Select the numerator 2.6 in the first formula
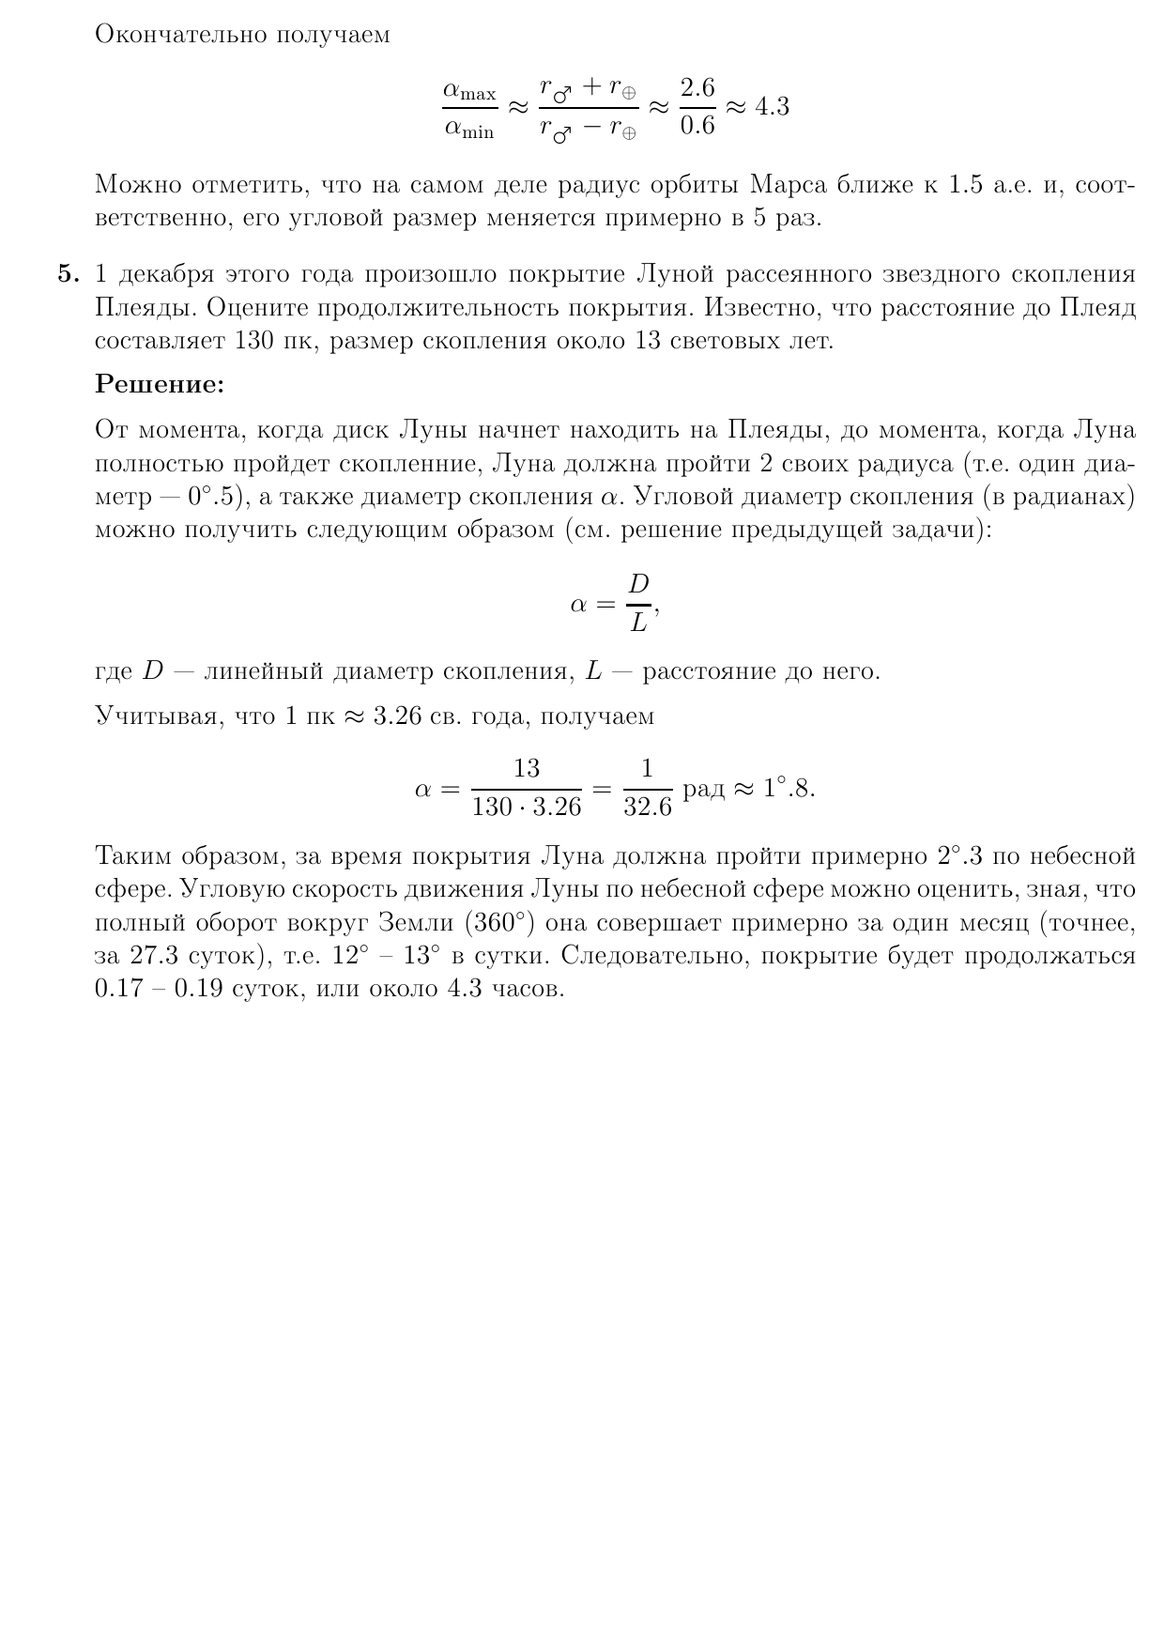(x=697, y=88)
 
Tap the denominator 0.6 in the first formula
(x=697, y=126)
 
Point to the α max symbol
(x=469, y=91)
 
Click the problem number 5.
(x=69, y=274)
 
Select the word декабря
(x=165, y=275)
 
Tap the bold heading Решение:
(x=160, y=384)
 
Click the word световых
(x=724, y=340)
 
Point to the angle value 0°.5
(x=214, y=498)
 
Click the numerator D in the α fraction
(x=638, y=584)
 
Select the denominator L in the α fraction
(x=638, y=622)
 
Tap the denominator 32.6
(x=648, y=807)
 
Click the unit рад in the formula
(x=704, y=789)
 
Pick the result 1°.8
(x=787, y=788)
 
